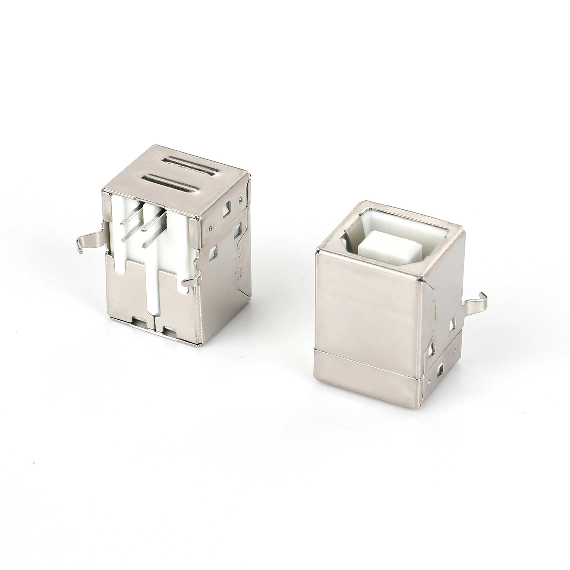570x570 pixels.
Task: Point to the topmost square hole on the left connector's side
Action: coord(226,207)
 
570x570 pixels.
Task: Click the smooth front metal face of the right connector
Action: coord(366,308)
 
